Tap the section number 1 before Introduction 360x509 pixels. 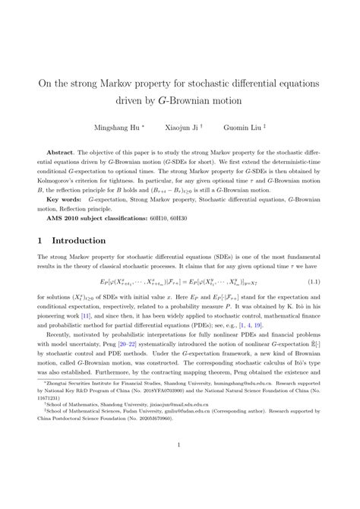(x=40, y=242)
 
